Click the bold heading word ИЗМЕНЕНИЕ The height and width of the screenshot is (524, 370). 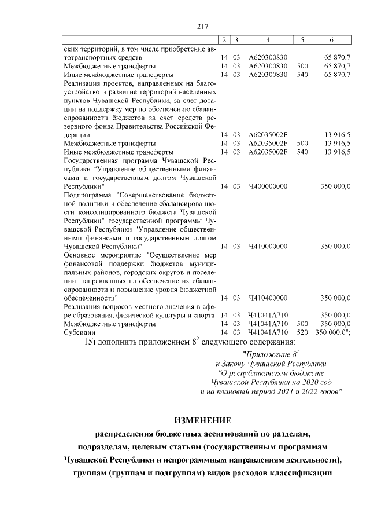click(202, 420)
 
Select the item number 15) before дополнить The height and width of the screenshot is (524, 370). click(93, 343)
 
